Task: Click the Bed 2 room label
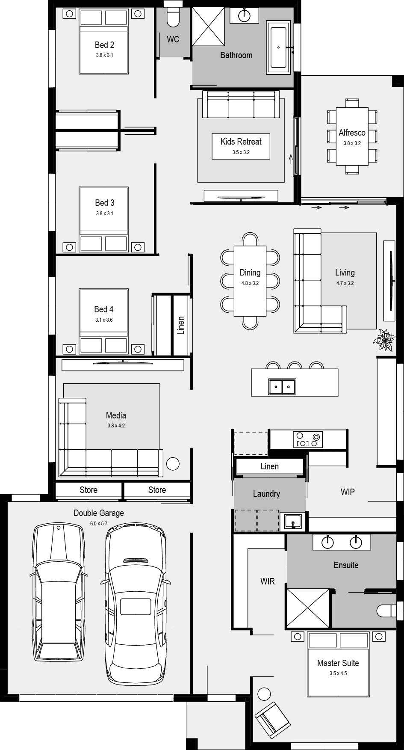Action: [104, 45]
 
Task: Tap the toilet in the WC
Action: [173, 16]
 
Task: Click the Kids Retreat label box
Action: [241, 146]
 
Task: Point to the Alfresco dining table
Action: [352, 136]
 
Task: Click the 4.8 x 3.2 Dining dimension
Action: [250, 283]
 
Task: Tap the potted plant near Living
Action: [383, 340]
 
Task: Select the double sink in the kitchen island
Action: [282, 387]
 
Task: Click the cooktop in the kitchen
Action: [308, 439]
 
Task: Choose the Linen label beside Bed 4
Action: [181, 325]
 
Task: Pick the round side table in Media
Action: [173, 464]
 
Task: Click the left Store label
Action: [88, 490]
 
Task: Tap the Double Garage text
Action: [99, 513]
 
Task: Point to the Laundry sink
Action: [293, 522]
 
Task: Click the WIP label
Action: [348, 492]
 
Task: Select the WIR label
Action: [268, 581]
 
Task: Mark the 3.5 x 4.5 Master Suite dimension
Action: [338, 673]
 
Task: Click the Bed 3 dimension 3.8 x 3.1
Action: [104, 213]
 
